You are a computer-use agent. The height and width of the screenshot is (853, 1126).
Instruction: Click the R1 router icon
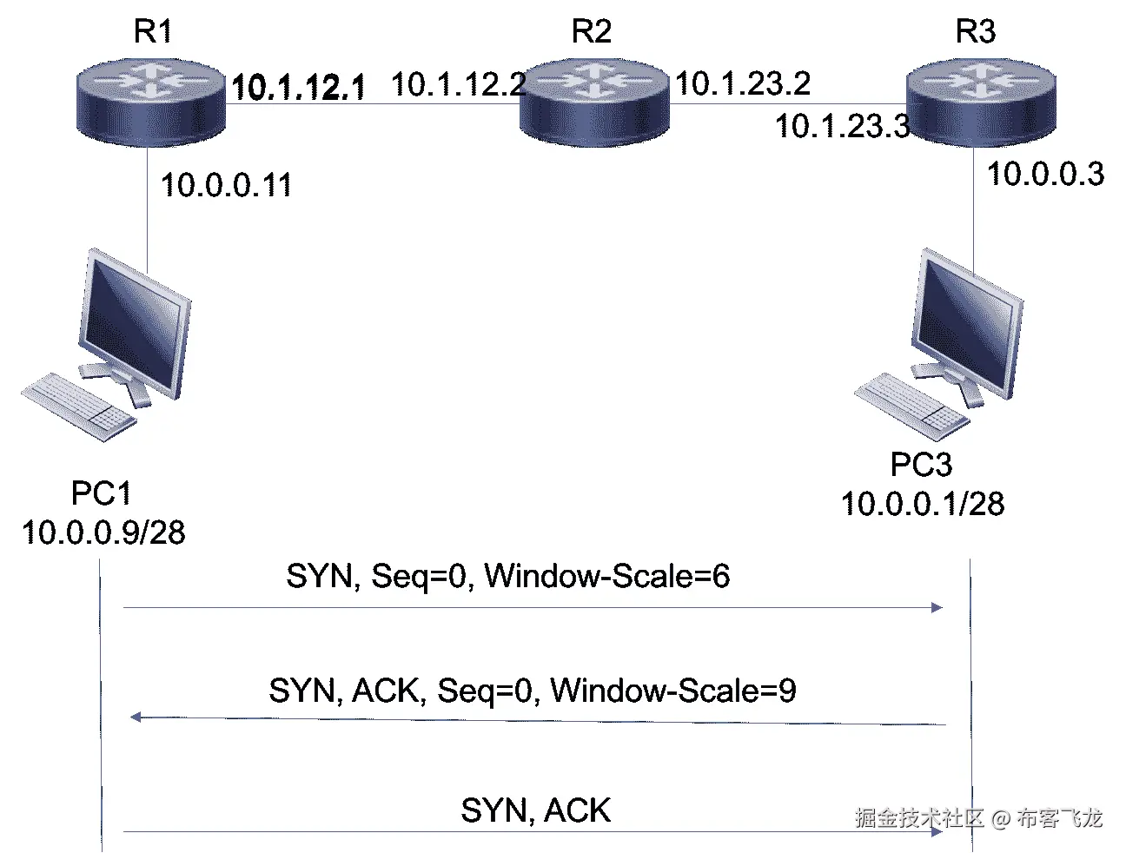(x=149, y=102)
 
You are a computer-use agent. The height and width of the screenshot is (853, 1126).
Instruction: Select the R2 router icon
(x=594, y=102)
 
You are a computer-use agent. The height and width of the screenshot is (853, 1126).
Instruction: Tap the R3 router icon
(x=980, y=102)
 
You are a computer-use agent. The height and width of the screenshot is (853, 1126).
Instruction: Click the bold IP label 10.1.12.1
(x=298, y=87)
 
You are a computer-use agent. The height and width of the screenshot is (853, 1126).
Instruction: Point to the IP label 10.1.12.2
(x=458, y=84)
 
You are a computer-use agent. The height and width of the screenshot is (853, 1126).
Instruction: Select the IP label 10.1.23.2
(x=743, y=83)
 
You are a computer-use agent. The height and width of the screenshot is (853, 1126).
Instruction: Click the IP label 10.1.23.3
(x=842, y=126)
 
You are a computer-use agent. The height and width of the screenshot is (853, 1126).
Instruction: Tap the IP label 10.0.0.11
(x=226, y=185)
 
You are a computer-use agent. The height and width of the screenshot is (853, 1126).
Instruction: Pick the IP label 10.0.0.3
(x=1045, y=174)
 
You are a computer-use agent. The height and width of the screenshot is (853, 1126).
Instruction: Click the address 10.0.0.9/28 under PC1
(x=103, y=532)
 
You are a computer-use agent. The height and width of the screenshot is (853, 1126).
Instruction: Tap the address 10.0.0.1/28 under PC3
(x=922, y=504)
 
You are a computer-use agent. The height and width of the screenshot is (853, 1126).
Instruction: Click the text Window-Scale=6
(x=606, y=576)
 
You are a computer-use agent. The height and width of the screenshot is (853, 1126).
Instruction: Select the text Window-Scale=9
(x=673, y=691)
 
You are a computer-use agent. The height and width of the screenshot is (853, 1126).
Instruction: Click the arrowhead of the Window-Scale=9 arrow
(x=136, y=717)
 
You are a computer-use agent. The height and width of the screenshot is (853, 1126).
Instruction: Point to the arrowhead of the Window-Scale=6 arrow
(x=937, y=607)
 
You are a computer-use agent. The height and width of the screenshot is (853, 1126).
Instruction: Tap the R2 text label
(x=591, y=32)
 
